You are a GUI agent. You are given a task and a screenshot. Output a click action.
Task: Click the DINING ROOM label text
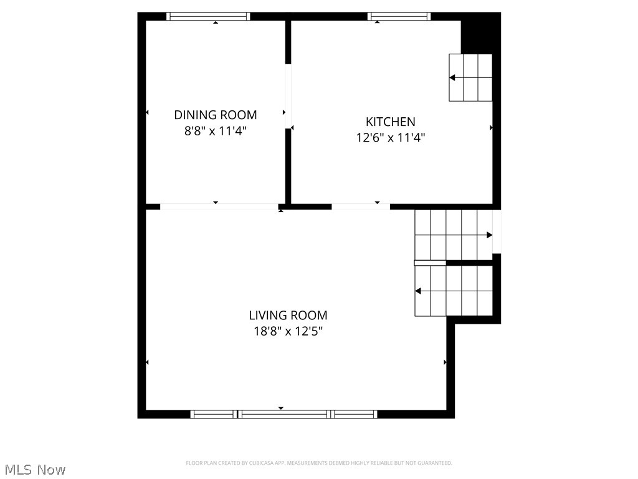(x=215, y=115)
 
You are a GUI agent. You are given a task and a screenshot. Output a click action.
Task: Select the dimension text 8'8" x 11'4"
(x=215, y=130)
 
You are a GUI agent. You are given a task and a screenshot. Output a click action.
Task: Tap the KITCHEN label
(x=390, y=122)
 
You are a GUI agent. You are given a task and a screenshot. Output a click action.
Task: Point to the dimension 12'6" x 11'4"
(x=390, y=138)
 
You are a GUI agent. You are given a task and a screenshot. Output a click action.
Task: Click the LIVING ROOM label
(x=288, y=316)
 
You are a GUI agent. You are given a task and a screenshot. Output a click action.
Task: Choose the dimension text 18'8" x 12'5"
(x=288, y=331)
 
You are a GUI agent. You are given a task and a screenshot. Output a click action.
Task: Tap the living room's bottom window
(x=283, y=414)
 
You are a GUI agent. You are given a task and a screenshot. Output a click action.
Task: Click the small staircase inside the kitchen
(x=470, y=77)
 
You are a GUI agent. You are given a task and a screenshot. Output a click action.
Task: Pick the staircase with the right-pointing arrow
(x=453, y=235)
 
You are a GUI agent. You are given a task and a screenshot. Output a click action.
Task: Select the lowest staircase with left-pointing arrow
(x=454, y=291)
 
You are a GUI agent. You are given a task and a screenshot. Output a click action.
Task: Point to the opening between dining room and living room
(x=219, y=206)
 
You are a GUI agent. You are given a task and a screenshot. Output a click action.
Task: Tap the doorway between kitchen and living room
(x=360, y=206)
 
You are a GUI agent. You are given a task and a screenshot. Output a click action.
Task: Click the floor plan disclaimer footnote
(x=319, y=463)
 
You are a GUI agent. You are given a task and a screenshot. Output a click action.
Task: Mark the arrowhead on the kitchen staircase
(x=452, y=78)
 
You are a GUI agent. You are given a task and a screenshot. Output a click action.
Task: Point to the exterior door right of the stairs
(x=497, y=232)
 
